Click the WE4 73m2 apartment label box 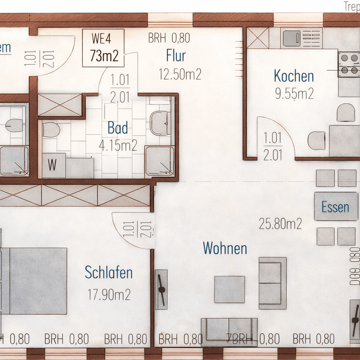pos(103,48)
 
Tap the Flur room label pos(176,56)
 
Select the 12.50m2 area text pos(180,74)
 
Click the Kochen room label pos(294,76)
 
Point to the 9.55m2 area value pos(294,94)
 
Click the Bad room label pos(118,128)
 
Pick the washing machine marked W pos(53,165)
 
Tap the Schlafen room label pos(109,272)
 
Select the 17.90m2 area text pos(109,295)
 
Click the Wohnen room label pos(225,248)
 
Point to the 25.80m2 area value pos(280,224)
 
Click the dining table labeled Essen pos(336,207)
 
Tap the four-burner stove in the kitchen pos(349,64)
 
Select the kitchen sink pos(291,38)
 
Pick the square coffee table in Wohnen pos(230,289)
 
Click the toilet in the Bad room pos(51,130)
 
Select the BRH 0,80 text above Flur pos(169,38)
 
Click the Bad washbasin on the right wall pos(160,123)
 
